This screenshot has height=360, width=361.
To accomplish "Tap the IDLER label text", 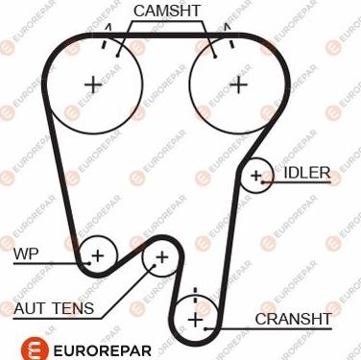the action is point(307,174).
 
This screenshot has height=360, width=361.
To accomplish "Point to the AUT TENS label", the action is point(54,308).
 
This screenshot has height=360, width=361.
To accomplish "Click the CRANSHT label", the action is point(293,318).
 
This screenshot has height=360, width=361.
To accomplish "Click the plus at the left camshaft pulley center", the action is point(92,84).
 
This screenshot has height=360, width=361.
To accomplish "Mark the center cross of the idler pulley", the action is point(256,175).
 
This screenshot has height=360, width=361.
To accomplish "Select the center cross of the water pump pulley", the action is point(97,254).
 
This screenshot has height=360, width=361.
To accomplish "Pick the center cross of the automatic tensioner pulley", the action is point(161,257).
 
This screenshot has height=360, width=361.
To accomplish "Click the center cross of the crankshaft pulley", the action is point(195,318).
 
